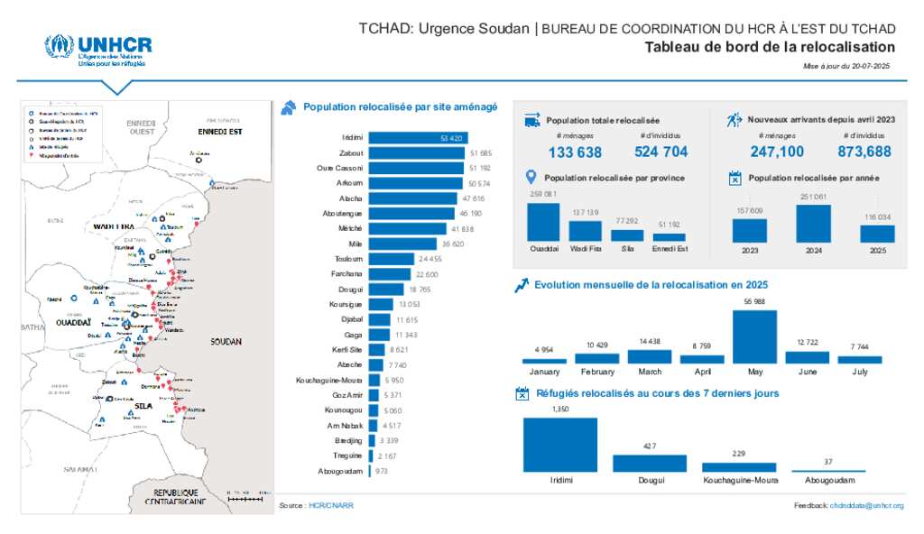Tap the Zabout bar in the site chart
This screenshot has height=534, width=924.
point(416,153)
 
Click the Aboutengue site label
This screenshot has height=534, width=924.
point(343,214)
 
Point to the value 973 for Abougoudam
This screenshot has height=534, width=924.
point(382,471)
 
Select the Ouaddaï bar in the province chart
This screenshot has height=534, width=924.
point(543,222)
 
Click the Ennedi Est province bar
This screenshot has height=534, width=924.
point(669,237)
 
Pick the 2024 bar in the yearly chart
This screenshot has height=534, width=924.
point(813,224)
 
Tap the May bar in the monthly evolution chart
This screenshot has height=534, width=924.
point(754,336)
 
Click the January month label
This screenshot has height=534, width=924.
point(544,372)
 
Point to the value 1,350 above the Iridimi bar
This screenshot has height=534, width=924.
point(560,410)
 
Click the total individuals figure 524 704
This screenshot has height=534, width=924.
point(661,152)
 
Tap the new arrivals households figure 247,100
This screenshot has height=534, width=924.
point(777,152)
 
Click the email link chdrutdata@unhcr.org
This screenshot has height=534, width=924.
point(866,506)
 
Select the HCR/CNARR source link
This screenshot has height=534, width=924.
point(330,506)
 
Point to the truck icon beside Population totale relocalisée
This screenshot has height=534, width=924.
point(532,120)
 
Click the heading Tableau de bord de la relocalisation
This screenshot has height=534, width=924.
point(770,47)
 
